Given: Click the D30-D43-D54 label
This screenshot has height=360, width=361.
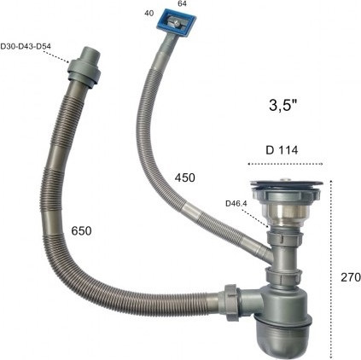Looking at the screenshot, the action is click(26, 46).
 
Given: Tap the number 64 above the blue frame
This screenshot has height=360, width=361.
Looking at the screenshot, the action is click(183, 3).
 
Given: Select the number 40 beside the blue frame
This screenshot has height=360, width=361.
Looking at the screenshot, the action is click(149, 14).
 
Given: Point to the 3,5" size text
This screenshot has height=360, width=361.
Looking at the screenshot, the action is click(283, 106).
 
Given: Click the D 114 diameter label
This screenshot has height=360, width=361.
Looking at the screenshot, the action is click(282, 150).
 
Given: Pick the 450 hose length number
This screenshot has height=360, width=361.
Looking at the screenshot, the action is click(185, 177).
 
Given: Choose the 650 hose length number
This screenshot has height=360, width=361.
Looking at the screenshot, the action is click(81, 230).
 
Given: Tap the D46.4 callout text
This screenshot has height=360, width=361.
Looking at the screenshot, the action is click(236, 204).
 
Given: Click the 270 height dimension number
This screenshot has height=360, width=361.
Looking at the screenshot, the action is click(351, 277).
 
